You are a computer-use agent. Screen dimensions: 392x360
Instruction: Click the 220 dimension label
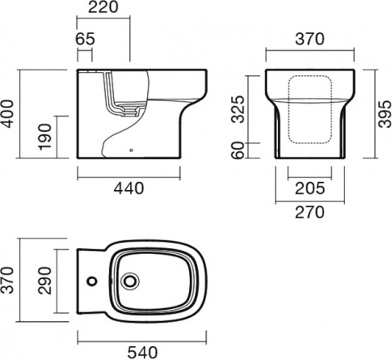pos(103,7)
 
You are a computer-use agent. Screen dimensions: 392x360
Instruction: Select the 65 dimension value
pos(85,39)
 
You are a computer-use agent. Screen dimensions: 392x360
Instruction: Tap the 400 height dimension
pos(7,114)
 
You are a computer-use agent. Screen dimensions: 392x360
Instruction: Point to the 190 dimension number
pos(44,137)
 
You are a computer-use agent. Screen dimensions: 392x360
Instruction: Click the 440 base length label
pos(129,188)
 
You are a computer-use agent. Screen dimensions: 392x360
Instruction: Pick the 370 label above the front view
pos(310,39)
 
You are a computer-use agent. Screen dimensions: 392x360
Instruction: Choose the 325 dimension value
pos(238,109)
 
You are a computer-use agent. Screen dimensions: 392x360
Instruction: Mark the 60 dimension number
pos(238,150)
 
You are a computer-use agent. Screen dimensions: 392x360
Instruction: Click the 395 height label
pos(385,114)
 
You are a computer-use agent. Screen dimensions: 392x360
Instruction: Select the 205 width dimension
pos(310,188)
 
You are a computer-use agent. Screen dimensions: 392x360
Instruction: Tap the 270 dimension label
pos(310,212)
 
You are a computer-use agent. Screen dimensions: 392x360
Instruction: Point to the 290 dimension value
pos(44,281)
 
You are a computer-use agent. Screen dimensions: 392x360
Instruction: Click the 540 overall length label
pos(142,353)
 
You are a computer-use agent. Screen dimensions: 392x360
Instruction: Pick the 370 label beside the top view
pos(7,280)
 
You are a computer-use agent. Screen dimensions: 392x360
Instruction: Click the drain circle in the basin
pos(130,282)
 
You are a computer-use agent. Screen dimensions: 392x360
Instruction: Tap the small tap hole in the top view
pos(92,282)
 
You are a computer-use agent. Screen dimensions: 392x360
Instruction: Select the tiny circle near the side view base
pos(131,150)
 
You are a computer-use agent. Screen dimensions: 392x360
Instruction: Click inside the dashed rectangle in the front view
pos(310,109)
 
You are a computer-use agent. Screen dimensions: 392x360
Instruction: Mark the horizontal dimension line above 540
pos(142,341)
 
